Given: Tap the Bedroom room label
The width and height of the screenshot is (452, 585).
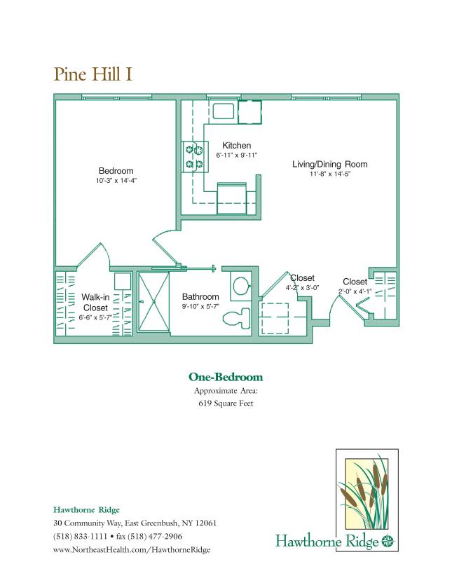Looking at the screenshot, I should [x=116, y=171].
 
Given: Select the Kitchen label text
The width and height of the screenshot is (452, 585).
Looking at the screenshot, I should [x=237, y=146].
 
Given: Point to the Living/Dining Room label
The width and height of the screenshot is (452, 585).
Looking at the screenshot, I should [x=329, y=165].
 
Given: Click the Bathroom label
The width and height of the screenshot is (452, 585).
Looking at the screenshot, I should [x=200, y=296].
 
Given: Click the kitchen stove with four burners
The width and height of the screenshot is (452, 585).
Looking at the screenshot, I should [x=193, y=156].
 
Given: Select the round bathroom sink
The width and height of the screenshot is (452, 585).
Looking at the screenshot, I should [x=240, y=286].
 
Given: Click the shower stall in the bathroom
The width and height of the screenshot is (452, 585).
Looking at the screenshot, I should [x=153, y=303].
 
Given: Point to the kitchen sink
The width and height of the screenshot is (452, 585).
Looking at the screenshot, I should [x=225, y=111].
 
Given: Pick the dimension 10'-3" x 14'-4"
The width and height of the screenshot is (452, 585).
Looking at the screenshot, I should [x=116, y=181].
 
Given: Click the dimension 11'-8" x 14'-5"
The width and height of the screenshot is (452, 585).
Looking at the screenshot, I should [x=329, y=174].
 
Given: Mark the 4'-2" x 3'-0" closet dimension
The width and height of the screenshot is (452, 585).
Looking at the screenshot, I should [x=302, y=288].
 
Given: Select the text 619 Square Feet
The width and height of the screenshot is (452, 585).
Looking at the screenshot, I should [x=226, y=404].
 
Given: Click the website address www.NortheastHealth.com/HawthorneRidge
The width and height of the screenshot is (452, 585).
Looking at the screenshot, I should [x=132, y=549].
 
